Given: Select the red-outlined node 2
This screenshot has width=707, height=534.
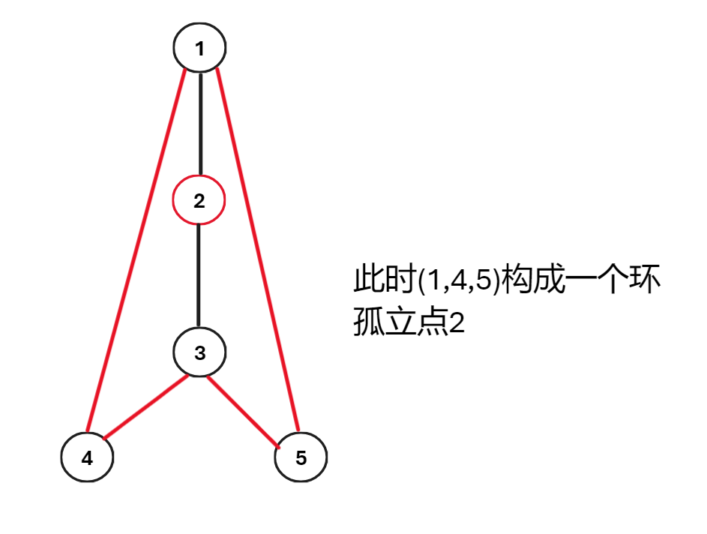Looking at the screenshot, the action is click(199, 200).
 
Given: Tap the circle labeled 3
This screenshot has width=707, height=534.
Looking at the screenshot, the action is click(199, 352).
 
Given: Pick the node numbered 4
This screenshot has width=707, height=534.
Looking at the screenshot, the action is click(87, 457).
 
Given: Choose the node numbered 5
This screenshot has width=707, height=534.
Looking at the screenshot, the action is click(301, 457).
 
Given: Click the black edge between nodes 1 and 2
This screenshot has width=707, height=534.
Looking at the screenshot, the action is click(199, 124).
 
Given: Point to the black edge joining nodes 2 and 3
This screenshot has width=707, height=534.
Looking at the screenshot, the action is click(199, 276).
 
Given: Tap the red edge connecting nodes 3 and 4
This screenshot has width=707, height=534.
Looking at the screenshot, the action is click(144, 407).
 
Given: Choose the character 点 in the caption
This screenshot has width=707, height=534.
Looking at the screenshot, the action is click(430, 324).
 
